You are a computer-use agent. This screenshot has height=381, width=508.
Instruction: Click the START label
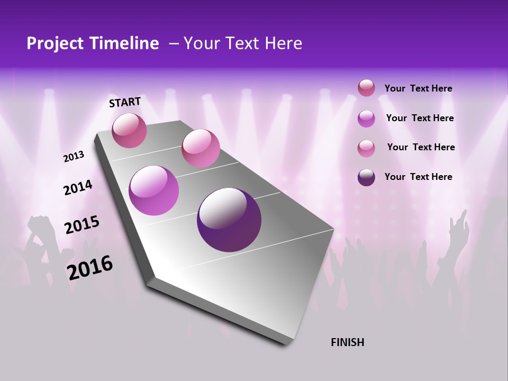tap(125, 102)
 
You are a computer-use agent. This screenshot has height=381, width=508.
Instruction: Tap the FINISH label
tap(347, 342)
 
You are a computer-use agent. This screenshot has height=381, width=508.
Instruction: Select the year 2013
tap(74, 157)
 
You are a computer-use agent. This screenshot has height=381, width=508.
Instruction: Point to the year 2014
tap(78, 188)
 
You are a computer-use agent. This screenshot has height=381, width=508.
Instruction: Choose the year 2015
tap(82, 225)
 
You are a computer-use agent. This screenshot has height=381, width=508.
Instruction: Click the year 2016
tap(90, 268)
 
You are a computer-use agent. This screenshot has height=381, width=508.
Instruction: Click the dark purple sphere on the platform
tap(229, 220)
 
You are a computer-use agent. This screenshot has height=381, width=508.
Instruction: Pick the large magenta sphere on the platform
tap(153, 190)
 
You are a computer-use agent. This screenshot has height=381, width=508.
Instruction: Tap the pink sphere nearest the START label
tap(130, 130)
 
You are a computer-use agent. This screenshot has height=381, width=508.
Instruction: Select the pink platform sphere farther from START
tap(201, 148)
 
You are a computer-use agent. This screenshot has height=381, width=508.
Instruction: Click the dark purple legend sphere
tap(366, 177)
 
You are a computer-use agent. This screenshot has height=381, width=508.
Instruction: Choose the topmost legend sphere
tap(366, 88)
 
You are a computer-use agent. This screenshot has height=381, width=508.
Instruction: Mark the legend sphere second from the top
tap(366, 119)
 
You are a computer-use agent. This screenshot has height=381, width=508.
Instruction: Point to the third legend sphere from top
tap(366, 148)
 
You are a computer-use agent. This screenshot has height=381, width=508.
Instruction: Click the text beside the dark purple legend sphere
tap(418, 177)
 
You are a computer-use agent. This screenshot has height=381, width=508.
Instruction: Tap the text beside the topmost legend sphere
tap(418, 88)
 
